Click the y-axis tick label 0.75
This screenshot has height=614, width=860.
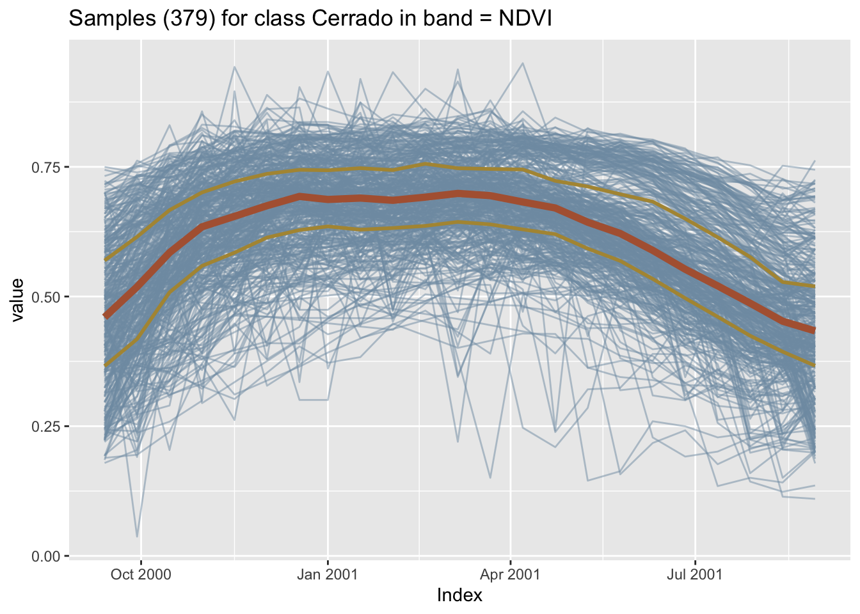(49, 168)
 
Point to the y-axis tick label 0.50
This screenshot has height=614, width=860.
(49, 297)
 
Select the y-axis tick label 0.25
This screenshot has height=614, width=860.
(49, 427)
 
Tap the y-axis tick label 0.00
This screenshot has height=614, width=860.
(49, 556)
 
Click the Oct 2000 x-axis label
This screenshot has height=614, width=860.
(141, 574)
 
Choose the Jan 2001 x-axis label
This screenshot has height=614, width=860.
(328, 574)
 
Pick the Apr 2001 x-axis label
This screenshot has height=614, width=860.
(510, 574)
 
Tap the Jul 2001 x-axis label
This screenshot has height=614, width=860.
(695, 574)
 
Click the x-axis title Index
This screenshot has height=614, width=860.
(459, 595)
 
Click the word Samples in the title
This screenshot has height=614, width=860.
(106, 19)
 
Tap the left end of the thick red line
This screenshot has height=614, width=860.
(106, 316)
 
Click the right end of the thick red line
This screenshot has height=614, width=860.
(814, 330)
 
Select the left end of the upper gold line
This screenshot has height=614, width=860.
(106, 260)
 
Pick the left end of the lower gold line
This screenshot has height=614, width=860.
(106, 365)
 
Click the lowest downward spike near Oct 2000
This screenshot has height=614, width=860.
(137, 536)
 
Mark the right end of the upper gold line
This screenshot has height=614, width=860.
(814, 286)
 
